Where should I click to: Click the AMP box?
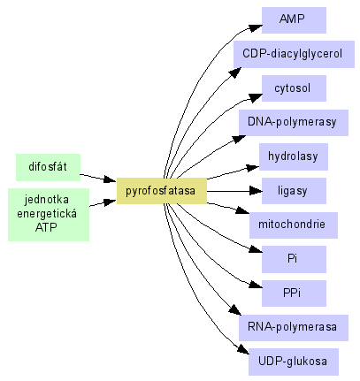pyautogui.click(x=294, y=20)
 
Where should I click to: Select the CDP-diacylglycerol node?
pyautogui.click(x=294, y=54)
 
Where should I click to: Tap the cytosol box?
pyautogui.click(x=294, y=88)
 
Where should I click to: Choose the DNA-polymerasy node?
pyautogui.click(x=294, y=123)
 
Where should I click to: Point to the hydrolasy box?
pyautogui.click(x=294, y=156)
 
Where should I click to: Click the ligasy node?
pyautogui.click(x=294, y=191)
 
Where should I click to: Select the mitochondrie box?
pyautogui.click(x=294, y=225)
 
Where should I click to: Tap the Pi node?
pyautogui.click(x=294, y=259)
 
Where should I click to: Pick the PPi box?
pyautogui.click(x=294, y=293)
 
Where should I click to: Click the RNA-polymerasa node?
pyautogui.click(x=294, y=328)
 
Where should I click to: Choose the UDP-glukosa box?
pyautogui.click(x=294, y=362)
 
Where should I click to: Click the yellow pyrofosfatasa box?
pyautogui.click(x=162, y=191)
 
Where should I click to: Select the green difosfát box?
pyautogui.click(x=48, y=167)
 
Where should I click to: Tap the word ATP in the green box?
pyautogui.click(x=46, y=227)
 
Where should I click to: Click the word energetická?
pyautogui.click(x=47, y=213)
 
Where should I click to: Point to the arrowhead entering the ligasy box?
pyautogui.click(x=256, y=191)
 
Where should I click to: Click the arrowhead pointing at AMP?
pyautogui.click(x=256, y=27)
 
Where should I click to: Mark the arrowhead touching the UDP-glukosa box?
pyautogui.click(x=243, y=349)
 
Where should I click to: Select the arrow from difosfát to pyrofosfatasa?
pyautogui.click(x=98, y=178)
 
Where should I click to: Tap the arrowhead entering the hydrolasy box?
pyautogui.click(x=253, y=168)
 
